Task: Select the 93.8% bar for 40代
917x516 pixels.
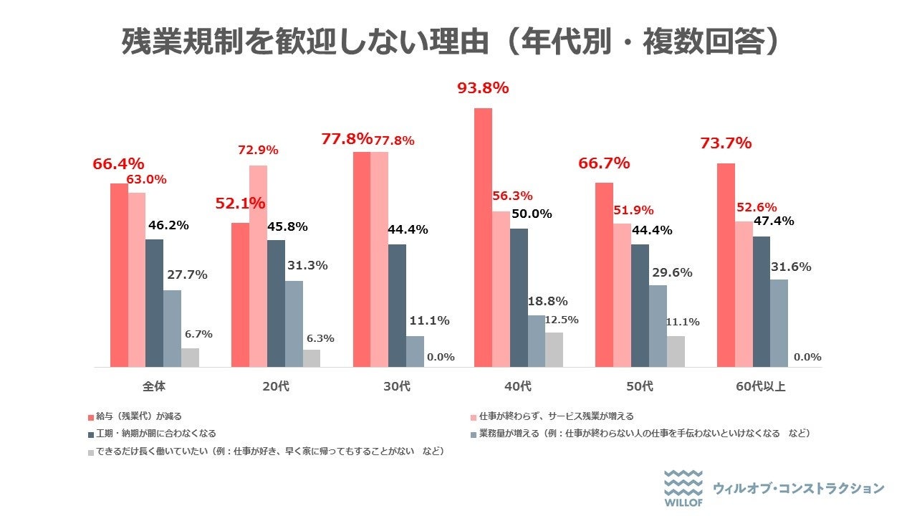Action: (x=484, y=236)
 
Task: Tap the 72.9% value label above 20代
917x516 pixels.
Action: (x=258, y=150)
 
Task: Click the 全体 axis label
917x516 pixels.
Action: (x=154, y=387)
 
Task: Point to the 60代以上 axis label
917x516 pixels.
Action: (x=761, y=387)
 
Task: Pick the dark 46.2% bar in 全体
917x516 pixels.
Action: (x=155, y=303)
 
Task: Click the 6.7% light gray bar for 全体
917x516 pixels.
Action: (x=190, y=358)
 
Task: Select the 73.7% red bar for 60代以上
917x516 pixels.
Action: (x=726, y=265)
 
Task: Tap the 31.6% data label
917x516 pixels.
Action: (x=791, y=267)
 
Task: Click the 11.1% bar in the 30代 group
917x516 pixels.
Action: (x=415, y=352)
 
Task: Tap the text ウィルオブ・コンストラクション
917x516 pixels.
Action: (x=798, y=489)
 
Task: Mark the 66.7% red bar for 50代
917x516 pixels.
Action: (x=605, y=275)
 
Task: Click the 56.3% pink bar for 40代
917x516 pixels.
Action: (x=501, y=289)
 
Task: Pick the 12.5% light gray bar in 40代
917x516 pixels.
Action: (x=554, y=350)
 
